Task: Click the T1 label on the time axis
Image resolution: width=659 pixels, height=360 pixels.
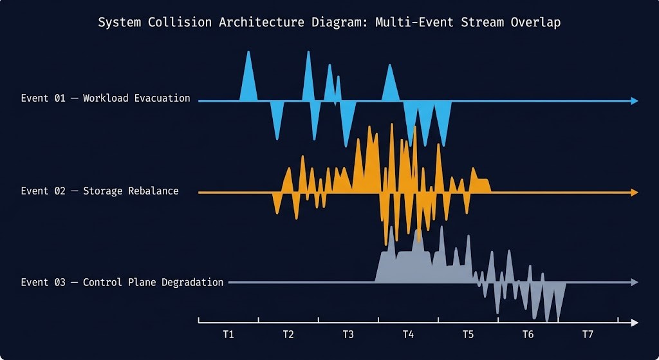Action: [x=228, y=335]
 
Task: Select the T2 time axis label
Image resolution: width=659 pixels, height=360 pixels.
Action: [x=288, y=335]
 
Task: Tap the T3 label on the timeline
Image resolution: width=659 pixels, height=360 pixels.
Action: [x=348, y=335]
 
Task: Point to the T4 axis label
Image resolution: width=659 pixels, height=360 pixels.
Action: [x=408, y=335]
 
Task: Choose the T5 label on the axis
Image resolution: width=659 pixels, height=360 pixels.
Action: [x=468, y=335]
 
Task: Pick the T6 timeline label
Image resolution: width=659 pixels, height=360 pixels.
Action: [x=528, y=335]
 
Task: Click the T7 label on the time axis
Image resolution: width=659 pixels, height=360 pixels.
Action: [x=588, y=335]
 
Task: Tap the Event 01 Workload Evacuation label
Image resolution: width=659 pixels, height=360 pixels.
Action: [x=106, y=99]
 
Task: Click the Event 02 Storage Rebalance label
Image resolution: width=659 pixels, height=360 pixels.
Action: [x=100, y=191]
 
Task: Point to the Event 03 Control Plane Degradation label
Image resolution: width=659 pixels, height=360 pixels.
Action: [x=122, y=283]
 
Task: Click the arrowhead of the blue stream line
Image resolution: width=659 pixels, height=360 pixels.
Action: [x=635, y=101]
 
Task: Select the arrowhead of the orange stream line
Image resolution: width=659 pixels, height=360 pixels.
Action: [x=635, y=193]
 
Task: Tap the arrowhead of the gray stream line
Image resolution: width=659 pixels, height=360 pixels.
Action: [x=635, y=282]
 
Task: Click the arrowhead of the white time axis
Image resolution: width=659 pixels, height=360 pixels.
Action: [x=635, y=323]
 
